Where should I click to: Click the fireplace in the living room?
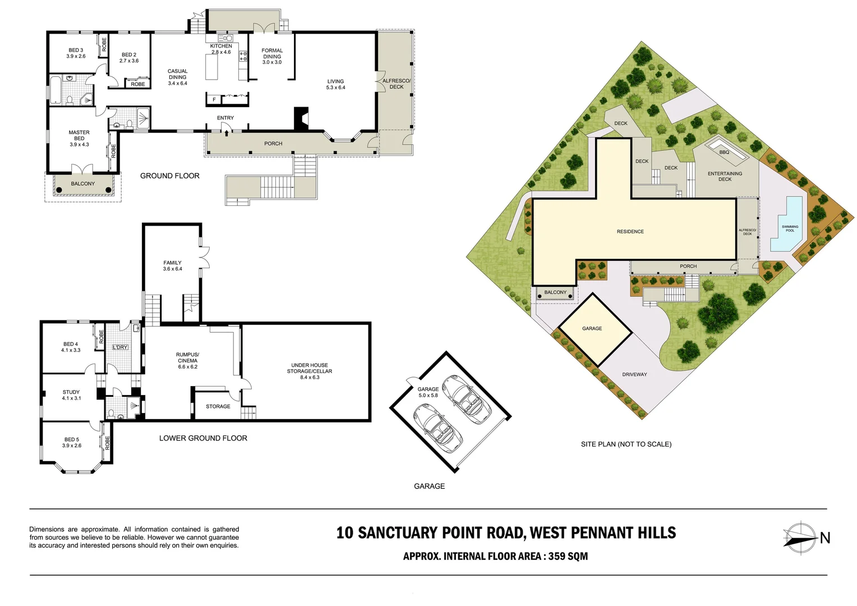tap(301, 118)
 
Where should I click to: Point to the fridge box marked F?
tap(214, 100)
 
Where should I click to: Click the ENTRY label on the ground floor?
tap(225, 118)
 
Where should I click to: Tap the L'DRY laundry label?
tap(120, 347)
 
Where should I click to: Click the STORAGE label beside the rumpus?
tap(218, 406)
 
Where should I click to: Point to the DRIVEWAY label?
tap(634, 374)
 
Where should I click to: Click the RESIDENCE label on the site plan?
tap(630, 231)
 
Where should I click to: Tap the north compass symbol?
tap(800, 538)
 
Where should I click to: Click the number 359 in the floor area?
tap(556, 556)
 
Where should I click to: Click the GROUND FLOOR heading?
tap(169, 176)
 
